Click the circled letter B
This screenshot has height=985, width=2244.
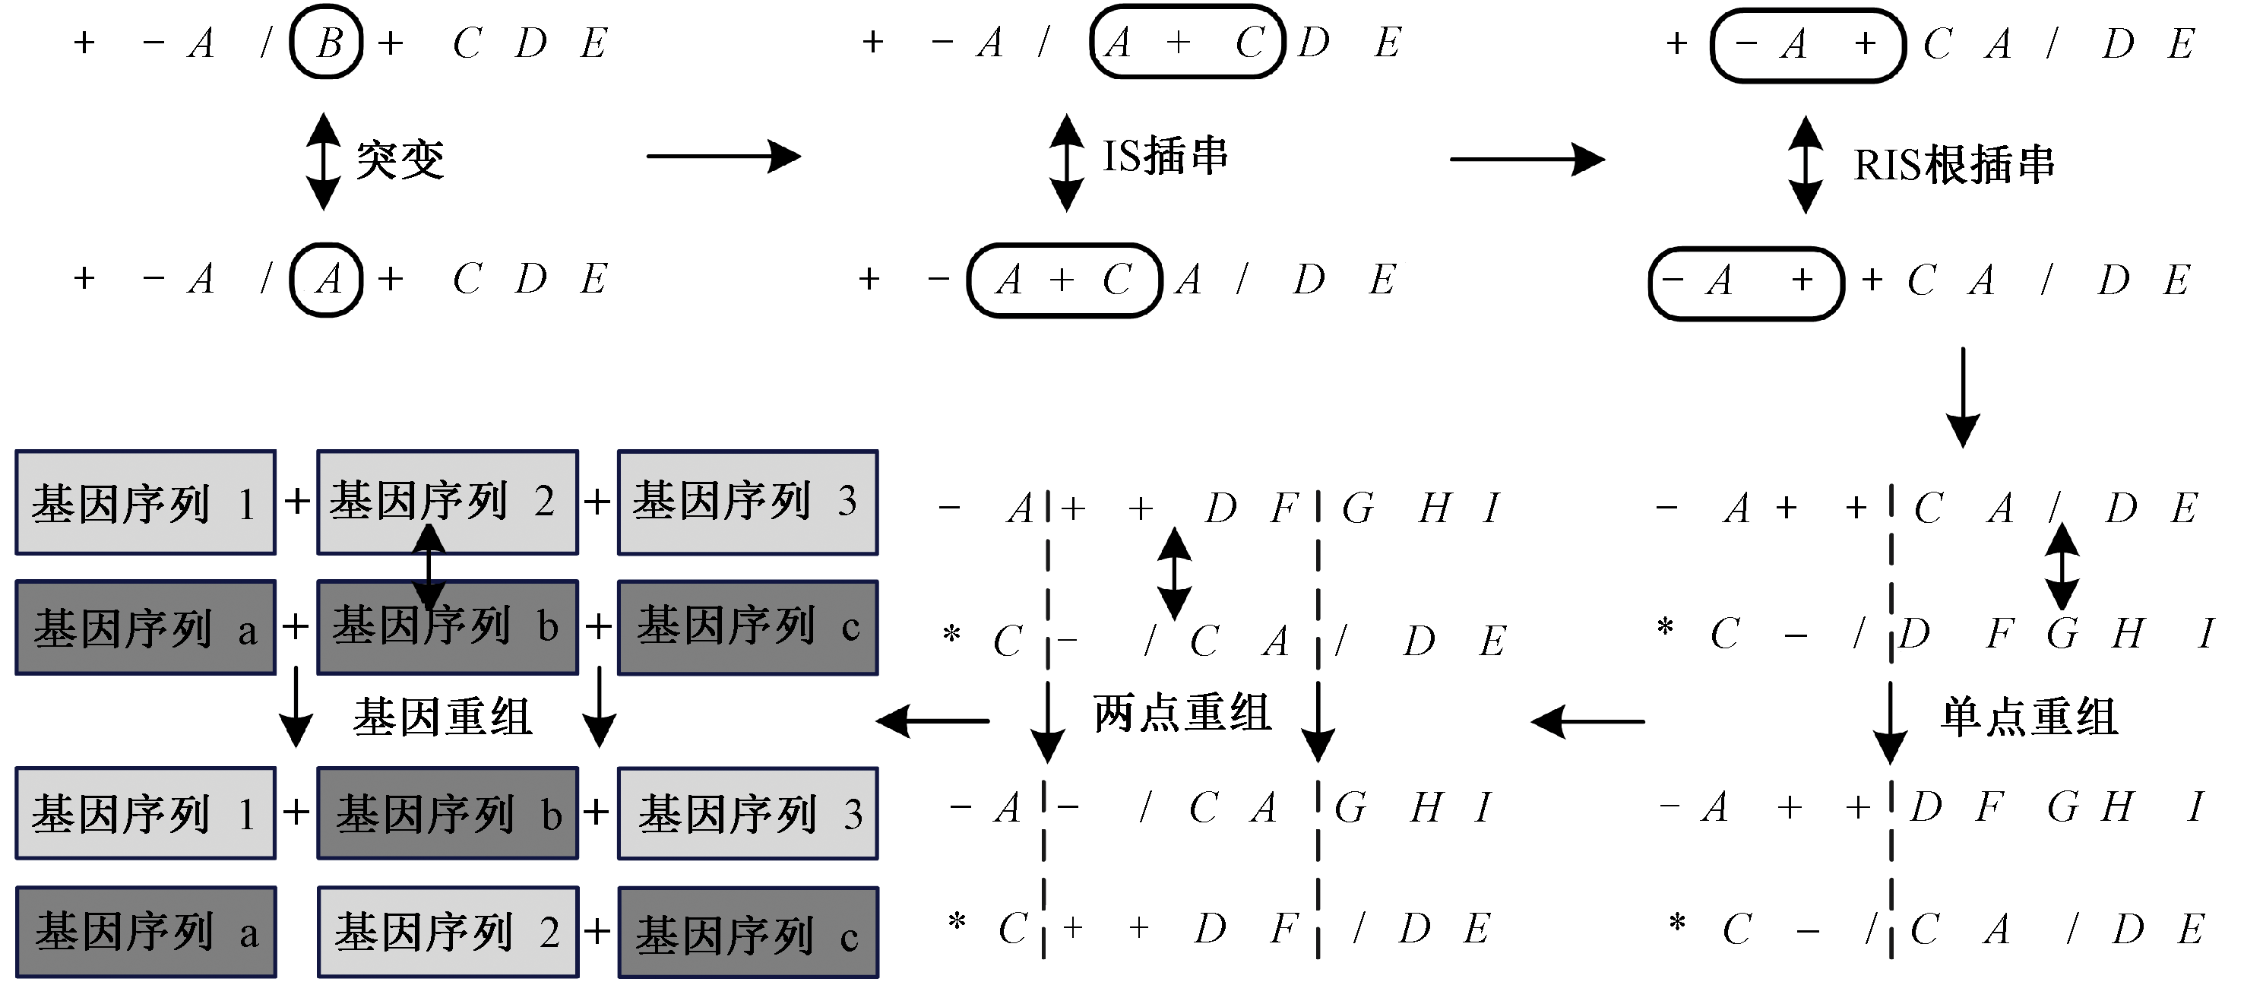coord(327,42)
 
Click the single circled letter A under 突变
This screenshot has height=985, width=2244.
coord(327,280)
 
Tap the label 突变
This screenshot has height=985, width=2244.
coord(400,160)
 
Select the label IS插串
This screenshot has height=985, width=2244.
coord(1165,157)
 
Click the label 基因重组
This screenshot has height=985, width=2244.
coord(442,717)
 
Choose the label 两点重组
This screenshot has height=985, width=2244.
coord(1182,713)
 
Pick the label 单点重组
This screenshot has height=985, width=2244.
coord(2029,717)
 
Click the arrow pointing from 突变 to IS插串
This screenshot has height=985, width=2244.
coord(723,157)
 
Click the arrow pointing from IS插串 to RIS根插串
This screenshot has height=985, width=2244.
coord(1526,160)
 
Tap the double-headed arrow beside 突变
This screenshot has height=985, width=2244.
coord(323,161)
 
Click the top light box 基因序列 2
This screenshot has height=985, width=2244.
coord(447,502)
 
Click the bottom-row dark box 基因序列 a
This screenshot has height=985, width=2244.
coord(145,932)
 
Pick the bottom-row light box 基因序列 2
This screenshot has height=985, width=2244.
coord(447,932)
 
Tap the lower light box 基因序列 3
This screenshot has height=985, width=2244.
coord(748,813)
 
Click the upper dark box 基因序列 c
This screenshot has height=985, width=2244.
coord(748,628)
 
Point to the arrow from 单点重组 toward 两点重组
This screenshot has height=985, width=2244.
coord(1587,722)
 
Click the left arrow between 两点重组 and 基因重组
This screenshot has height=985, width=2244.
coord(932,721)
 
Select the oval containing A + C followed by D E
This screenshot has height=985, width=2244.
coord(1186,42)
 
